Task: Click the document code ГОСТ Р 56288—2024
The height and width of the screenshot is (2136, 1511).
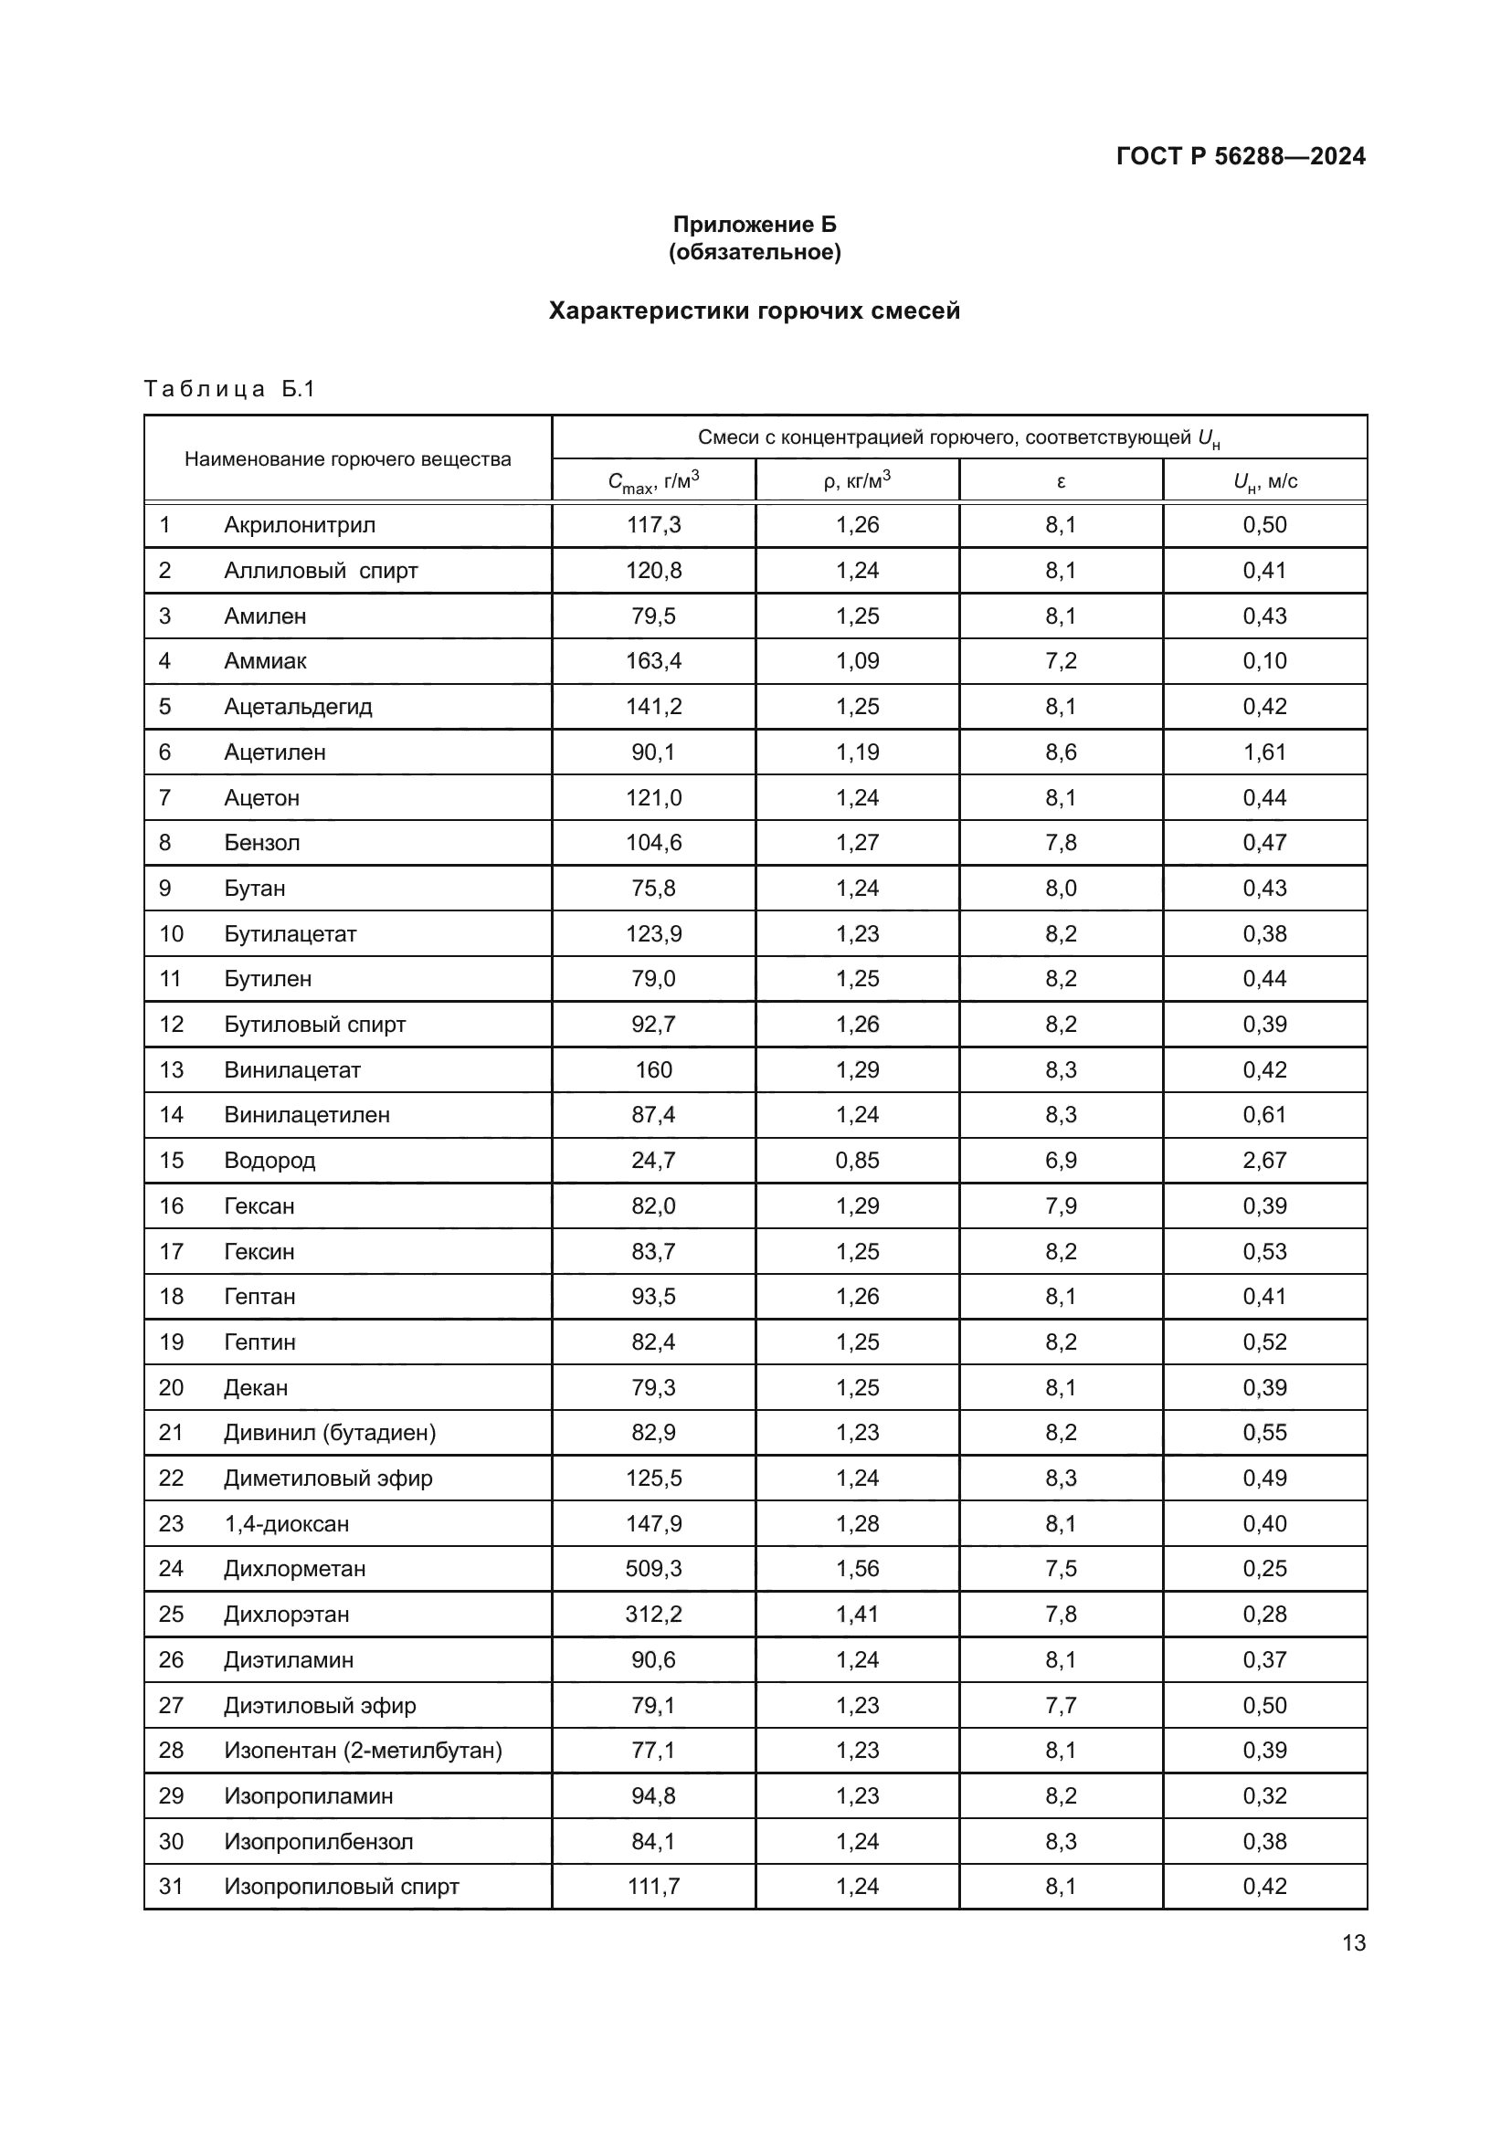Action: pos(1241,156)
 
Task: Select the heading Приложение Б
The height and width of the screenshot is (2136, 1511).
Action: pos(755,225)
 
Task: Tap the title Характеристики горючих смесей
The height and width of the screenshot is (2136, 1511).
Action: pos(754,310)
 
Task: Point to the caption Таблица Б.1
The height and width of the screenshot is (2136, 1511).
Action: pos(230,389)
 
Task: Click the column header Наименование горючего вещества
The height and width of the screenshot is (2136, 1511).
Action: pos(347,458)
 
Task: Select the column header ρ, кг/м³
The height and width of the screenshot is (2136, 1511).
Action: pos(857,481)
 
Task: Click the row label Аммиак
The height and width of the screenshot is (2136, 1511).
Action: pos(265,661)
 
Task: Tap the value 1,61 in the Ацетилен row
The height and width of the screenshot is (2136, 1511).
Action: pos(1264,752)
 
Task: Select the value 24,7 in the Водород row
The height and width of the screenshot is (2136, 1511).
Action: pos(653,1160)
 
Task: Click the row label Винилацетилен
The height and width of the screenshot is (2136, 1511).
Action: pos(307,1114)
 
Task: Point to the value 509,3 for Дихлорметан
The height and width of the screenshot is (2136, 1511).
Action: pos(653,1569)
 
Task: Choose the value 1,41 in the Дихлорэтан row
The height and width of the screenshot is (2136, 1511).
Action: pos(857,1614)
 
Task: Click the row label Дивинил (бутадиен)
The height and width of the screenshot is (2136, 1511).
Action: pos(330,1433)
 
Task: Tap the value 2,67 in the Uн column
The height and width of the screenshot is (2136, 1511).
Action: pos(1264,1160)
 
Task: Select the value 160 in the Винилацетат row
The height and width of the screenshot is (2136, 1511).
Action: pos(653,1070)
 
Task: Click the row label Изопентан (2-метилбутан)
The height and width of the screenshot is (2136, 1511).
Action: pos(363,1750)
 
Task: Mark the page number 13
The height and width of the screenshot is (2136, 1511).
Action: pos(1354,1942)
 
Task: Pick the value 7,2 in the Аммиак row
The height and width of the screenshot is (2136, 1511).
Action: pos(1061,661)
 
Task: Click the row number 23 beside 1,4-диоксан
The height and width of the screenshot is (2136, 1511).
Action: pos(171,1524)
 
